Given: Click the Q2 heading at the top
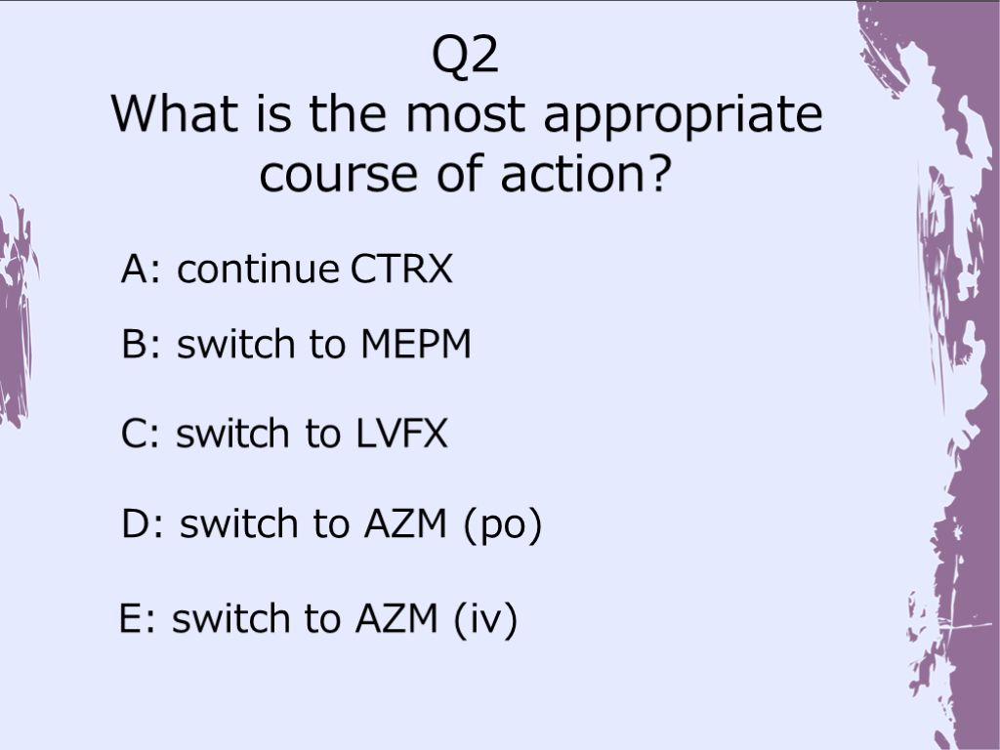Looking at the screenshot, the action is pos(465,56).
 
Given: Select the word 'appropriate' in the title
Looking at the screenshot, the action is pos(683,118).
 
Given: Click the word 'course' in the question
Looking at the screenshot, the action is pos(339,174).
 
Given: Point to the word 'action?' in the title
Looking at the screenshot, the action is pos(586,173).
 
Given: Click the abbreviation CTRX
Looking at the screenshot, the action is pos(401,269).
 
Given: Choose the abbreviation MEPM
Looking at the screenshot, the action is pos(416,345).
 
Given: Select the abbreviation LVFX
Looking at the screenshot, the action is pos(401,434).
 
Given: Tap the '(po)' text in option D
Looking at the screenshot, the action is pos(503,525).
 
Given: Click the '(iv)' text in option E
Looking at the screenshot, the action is pos(485,619).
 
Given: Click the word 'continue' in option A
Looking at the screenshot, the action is pos(258,269).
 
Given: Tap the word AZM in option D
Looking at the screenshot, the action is pos(405,523).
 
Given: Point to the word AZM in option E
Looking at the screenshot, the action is pos(396,618).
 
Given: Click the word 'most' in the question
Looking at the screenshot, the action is pos(466,115).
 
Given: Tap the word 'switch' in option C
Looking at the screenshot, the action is pos(232,433).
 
